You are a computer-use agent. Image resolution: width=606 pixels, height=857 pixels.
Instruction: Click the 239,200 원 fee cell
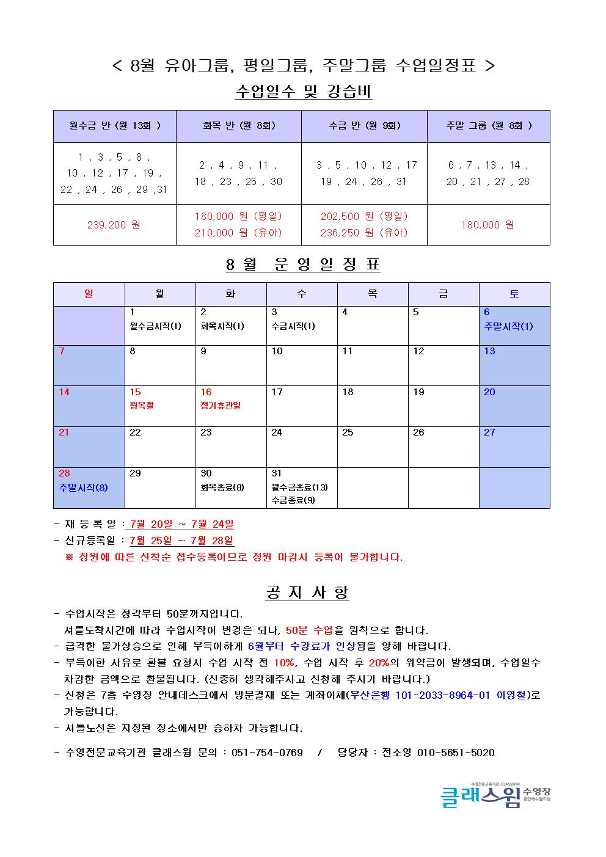point(114,225)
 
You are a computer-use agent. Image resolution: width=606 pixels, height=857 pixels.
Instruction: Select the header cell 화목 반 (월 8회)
point(239,126)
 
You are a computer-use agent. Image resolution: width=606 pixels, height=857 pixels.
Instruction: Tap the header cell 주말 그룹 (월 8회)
point(488,126)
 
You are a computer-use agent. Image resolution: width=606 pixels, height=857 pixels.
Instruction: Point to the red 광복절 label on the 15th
point(142,406)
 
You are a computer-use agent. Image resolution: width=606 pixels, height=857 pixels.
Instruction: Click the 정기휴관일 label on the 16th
point(221,406)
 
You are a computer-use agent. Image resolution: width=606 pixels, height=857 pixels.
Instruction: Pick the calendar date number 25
point(348,432)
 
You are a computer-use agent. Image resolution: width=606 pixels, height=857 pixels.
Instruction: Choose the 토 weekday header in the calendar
point(514,294)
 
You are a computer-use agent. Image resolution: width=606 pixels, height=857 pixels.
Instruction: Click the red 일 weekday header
point(89,294)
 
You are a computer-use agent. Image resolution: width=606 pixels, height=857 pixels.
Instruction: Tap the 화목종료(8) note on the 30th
point(222,487)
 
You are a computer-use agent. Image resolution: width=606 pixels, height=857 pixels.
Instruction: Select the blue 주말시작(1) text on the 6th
point(508,326)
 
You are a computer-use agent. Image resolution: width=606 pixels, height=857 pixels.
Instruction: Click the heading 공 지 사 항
point(307,592)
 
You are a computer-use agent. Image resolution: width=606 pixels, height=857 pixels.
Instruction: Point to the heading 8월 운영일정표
point(303,264)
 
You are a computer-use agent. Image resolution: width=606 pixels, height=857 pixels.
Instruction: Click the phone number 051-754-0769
point(267,753)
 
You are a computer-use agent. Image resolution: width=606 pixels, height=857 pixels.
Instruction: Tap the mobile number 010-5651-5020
point(456,753)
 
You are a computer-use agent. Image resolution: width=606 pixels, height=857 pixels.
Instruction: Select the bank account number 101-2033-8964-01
point(443,695)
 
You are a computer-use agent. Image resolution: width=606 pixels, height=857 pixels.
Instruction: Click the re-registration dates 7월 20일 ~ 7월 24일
point(182,524)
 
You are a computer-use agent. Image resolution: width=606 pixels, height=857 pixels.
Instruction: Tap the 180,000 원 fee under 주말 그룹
point(487,225)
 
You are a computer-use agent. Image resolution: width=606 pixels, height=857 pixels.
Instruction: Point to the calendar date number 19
point(418,392)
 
